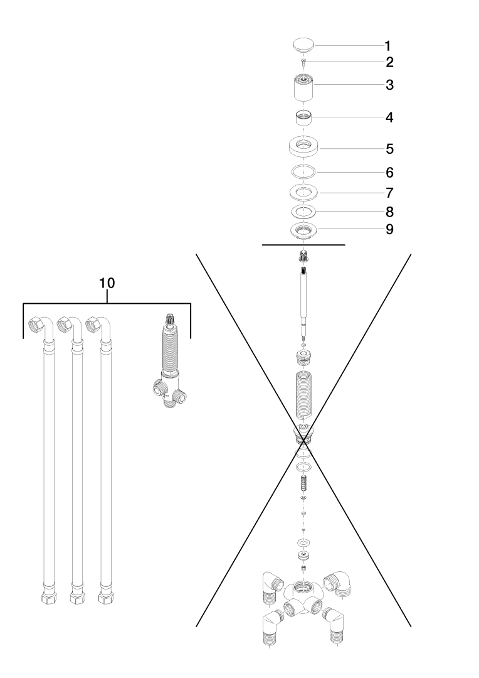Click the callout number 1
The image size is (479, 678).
[x=388, y=45]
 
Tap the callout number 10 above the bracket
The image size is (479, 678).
[x=107, y=283]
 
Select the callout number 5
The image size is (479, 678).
[x=389, y=149]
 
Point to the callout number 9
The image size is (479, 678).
[x=389, y=229]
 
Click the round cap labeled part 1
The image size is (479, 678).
[x=304, y=45]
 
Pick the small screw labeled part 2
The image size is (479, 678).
[x=303, y=62]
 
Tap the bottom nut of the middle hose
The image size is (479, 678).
[x=76, y=596]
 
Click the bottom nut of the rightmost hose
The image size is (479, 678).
[x=106, y=596]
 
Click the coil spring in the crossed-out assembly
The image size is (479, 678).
[x=303, y=483]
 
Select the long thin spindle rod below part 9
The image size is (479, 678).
[x=303, y=298]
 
